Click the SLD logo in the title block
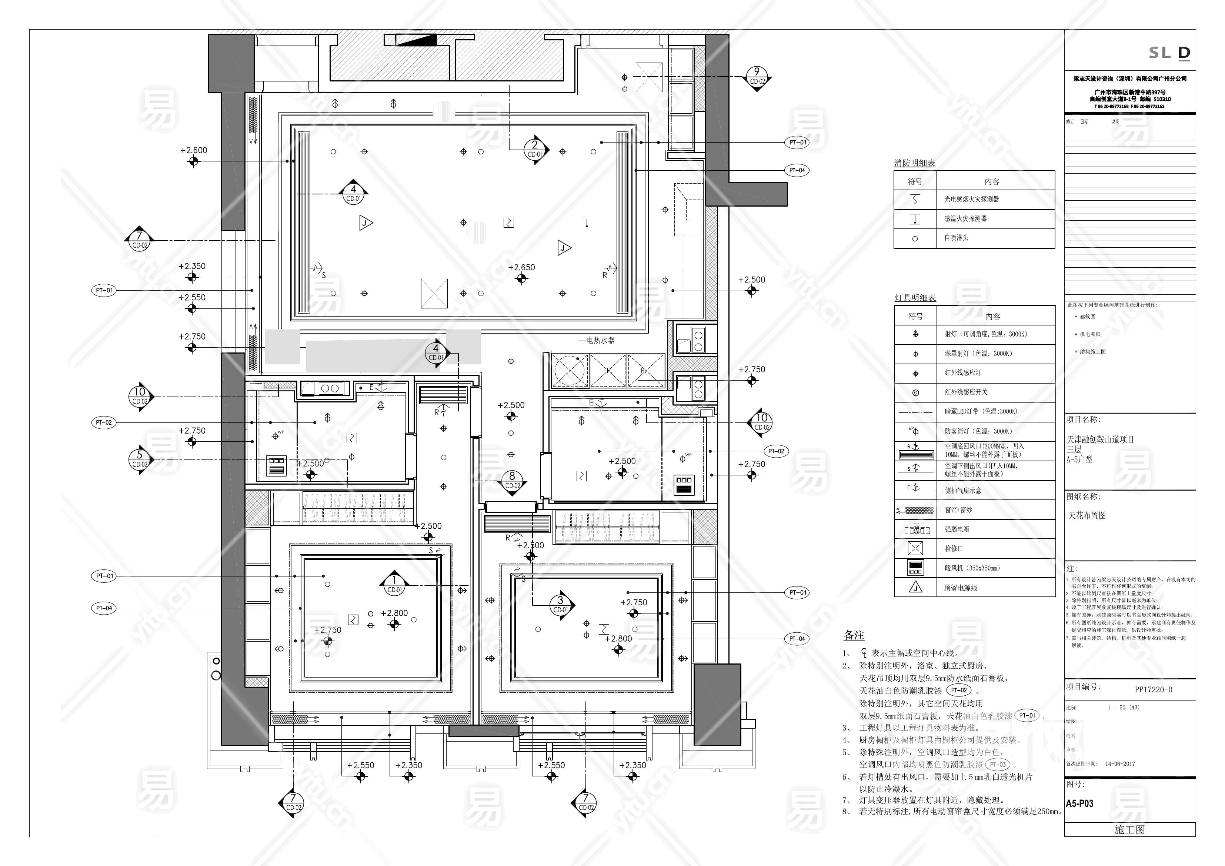coord(1169,53)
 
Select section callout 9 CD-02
coord(757,77)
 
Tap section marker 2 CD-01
coord(535,150)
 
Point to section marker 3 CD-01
coord(560,605)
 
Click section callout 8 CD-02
coord(512,480)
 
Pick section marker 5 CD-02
coord(140,459)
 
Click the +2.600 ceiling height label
coord(194,150)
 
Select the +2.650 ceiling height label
coord(521,268)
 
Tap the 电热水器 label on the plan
coord(600,340)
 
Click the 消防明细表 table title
coord(914,163)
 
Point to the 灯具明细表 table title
coord(915,298)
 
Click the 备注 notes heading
coord(854,635)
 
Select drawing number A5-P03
coord(1080,803)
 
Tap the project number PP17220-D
coord(1154,689)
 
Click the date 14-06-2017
coord(1120,763)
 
